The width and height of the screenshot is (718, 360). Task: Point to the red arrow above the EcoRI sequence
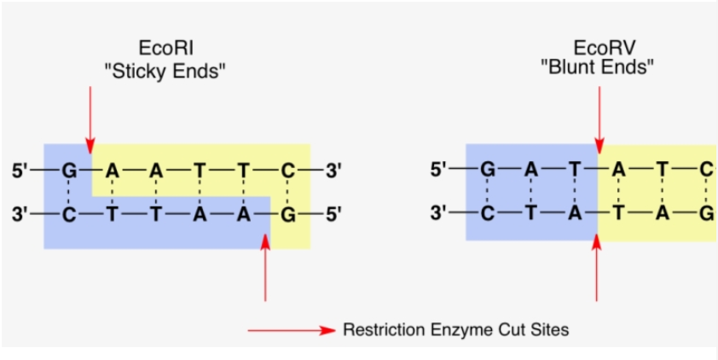click(88, 115)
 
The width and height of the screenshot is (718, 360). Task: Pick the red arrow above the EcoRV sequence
click(598, 115)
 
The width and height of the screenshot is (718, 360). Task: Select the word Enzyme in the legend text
click(448, 329)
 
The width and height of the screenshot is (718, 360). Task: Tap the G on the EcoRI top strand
click(69, 171)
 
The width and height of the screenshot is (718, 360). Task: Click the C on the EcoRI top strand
click(288, 171)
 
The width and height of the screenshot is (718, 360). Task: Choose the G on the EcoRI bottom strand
click(288, 213)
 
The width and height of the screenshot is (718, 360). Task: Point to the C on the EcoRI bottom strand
click(69, 213)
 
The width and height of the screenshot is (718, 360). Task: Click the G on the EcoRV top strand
click(487, 170)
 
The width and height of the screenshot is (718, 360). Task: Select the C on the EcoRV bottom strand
click(487, 212)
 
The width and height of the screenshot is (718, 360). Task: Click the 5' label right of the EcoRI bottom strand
click(333, 213)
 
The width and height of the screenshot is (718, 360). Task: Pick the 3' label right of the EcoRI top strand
click(333, 171)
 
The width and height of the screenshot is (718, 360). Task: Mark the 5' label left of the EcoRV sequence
click(438, 170)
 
